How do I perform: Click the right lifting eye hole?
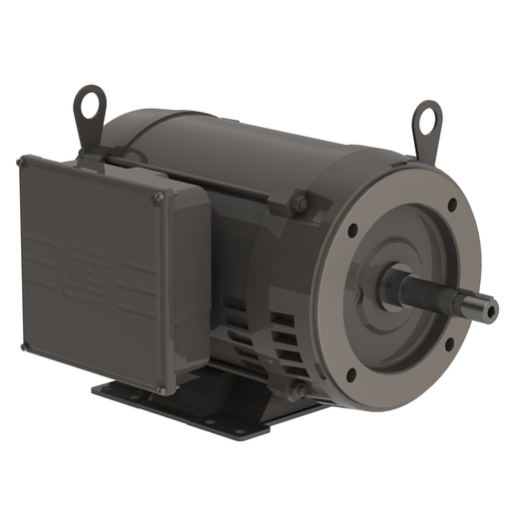[x=427, y=120]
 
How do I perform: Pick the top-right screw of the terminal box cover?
[x=158, y=199]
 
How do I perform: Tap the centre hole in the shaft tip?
[x=491, y=312]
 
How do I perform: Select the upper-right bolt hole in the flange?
[x=451, y=205]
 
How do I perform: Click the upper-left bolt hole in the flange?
[x=351, y=230]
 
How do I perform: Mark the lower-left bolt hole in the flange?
[x=350, y=374]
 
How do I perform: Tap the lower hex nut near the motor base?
[x=296, y=391]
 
